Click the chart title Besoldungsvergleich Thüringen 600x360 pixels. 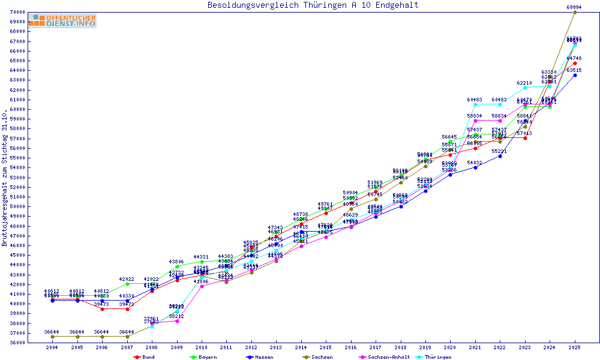313,5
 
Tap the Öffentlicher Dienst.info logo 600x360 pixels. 62,21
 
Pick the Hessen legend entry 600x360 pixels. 262,357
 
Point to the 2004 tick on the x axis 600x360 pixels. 53,347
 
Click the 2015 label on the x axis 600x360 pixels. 326,347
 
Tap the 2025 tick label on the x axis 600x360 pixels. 575,347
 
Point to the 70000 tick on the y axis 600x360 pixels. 17,12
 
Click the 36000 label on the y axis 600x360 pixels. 17,343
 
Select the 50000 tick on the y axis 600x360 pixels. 17,206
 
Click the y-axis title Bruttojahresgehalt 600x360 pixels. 5,178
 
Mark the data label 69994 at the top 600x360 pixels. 575,7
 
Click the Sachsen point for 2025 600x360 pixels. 575,12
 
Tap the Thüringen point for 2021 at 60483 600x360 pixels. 475,104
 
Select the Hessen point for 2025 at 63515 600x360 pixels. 575,75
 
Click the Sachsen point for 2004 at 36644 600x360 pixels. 53,337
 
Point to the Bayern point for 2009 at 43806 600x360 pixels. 177,266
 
